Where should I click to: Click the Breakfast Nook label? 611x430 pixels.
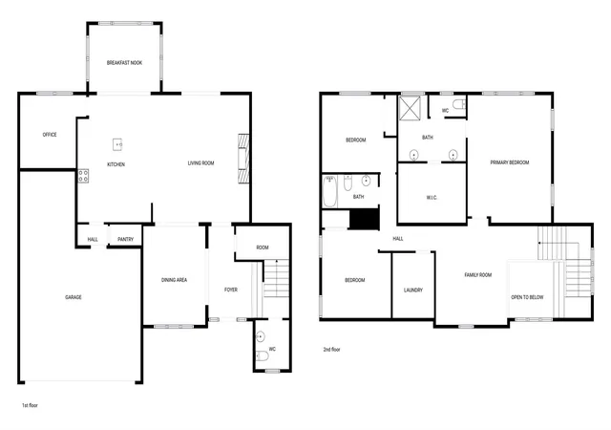tap(124, 62)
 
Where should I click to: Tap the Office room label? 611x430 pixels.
tap(50, 135)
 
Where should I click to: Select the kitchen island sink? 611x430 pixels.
tap(117, 144)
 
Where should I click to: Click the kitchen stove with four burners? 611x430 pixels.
tap(83, 176)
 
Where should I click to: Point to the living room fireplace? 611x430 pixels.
tap(243, 158)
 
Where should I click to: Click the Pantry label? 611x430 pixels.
tap(125, 239)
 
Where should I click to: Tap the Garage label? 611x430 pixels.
tap(74, 297)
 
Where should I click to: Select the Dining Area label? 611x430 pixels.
tap(174, 280)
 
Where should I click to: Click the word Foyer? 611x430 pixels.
tap(231, 290)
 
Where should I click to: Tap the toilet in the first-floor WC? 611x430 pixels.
tap(263, 355)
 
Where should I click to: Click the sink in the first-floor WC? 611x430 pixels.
tap(261, 336)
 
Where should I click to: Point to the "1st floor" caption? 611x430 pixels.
tap(30, 405)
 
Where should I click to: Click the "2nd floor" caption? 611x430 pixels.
tap(331, 350)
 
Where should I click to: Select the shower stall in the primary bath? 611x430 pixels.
tap(410, 108)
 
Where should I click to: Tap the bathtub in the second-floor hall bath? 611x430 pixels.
tap(329, 191)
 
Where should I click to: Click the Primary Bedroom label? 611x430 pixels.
tap(510, 162)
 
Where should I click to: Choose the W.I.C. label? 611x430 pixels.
tap(432, 198)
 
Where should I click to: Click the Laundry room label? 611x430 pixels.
tap(413, 290)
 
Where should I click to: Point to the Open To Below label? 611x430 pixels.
tap(527, 297)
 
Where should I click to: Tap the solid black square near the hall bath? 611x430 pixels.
tap(365, 219)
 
